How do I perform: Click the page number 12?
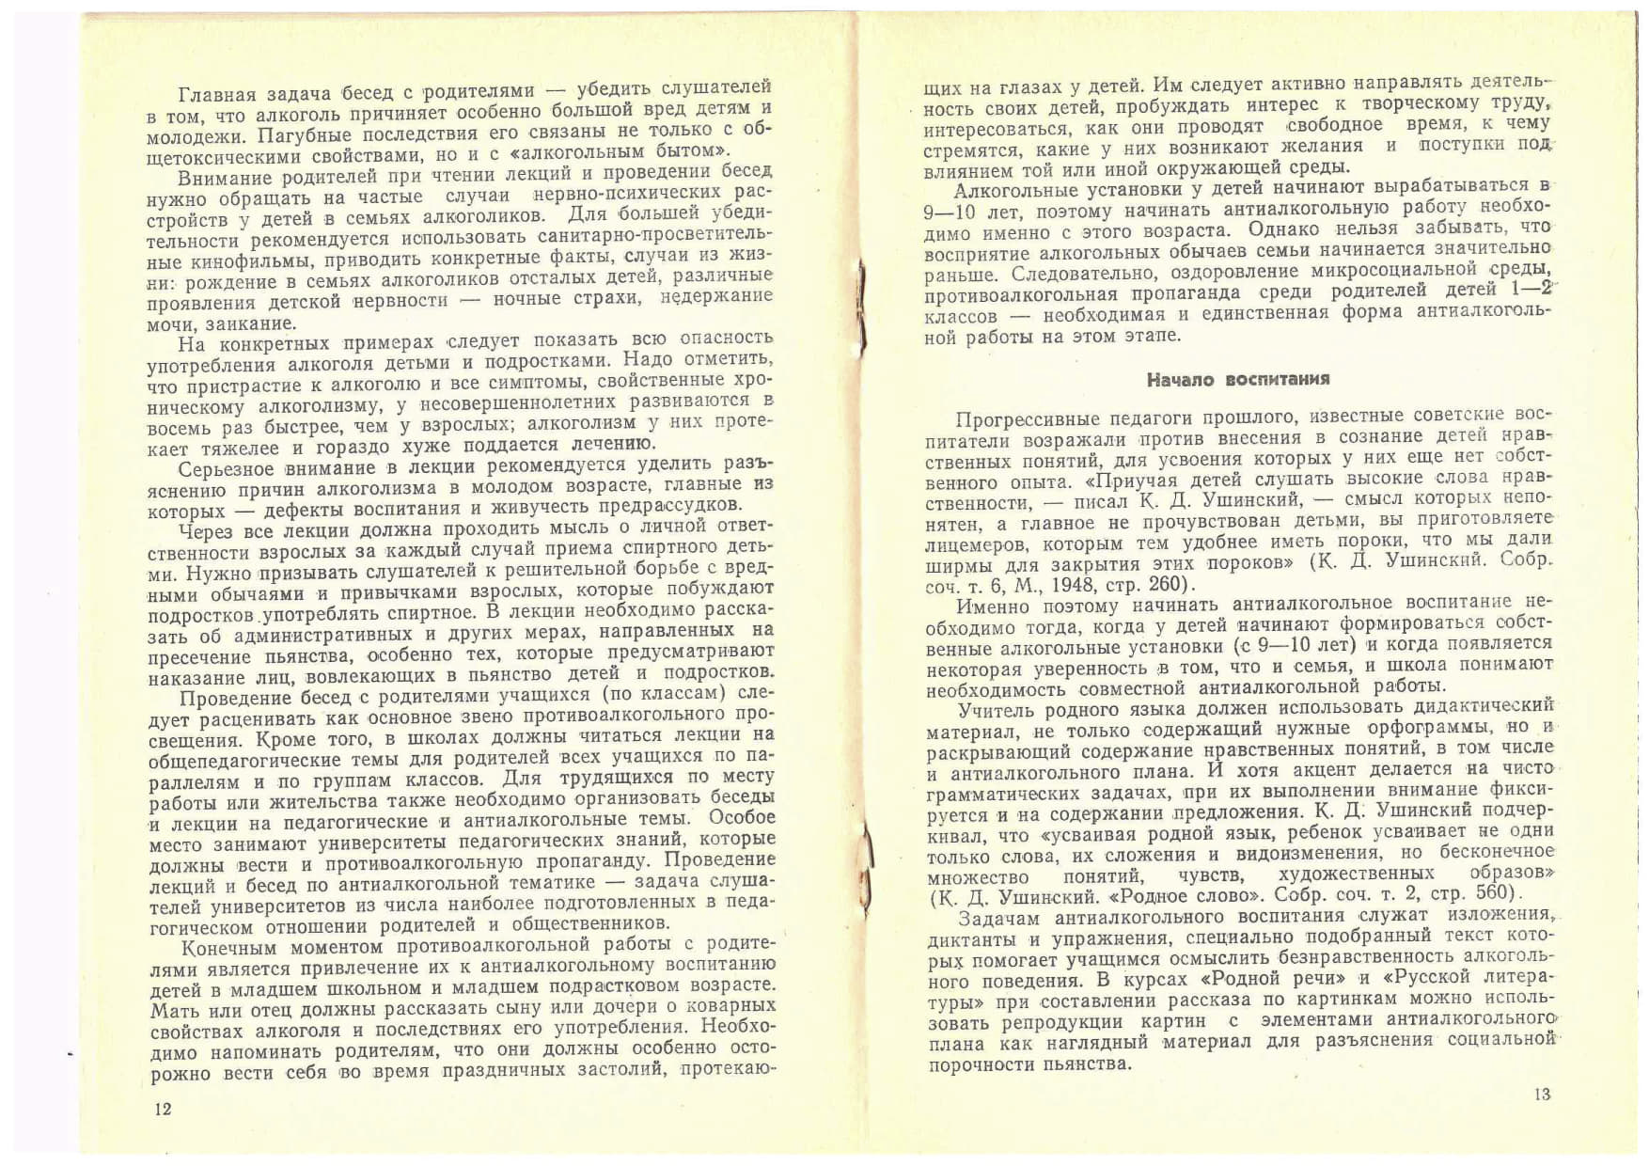(x=163, y=1109)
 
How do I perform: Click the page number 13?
(x=1542, y=1094)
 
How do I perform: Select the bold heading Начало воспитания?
(x=1237, y=380)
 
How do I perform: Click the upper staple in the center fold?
(x=861, y=309)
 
